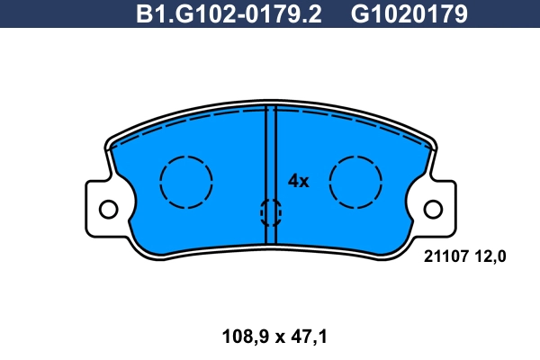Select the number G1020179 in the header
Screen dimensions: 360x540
pyautogui.click(x=409, y=14)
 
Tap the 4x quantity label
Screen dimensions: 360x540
pyautogui.click(x=298, y=181)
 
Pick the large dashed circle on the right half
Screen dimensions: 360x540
pyautogui.click(x=356, y=182)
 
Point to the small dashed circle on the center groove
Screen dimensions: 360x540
pyautogui.click(x=270, y=212)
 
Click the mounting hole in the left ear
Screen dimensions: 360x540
pyautogui.click(x=108, y=210)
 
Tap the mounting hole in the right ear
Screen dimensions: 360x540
pyautogui.click(x=433, y=210)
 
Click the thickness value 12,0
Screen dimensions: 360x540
pyautogui.click(x=490, y=257)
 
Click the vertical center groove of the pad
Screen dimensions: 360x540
pyautogui.click(x=270, y=162)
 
